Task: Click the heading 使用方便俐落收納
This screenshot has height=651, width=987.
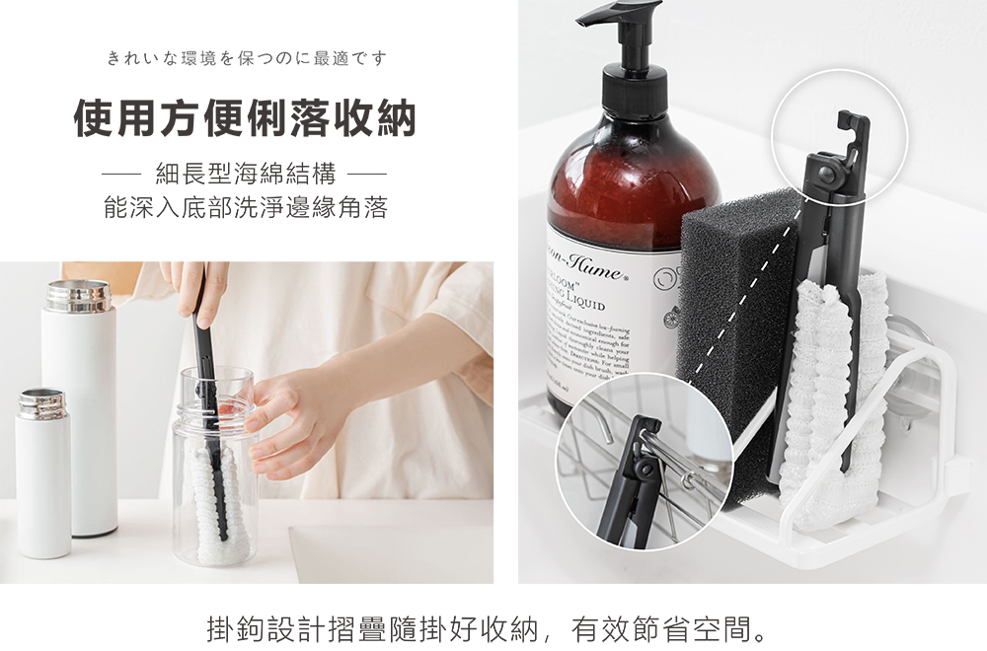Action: (246, 119)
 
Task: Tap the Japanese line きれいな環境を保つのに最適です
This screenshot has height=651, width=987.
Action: (246, 59)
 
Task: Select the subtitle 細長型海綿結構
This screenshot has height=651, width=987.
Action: (246, 177)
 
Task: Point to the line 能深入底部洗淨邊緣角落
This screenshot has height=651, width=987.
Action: (246, 208)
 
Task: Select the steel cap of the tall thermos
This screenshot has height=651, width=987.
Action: (78, 296)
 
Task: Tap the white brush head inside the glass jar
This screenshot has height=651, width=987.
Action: (215, 503)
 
